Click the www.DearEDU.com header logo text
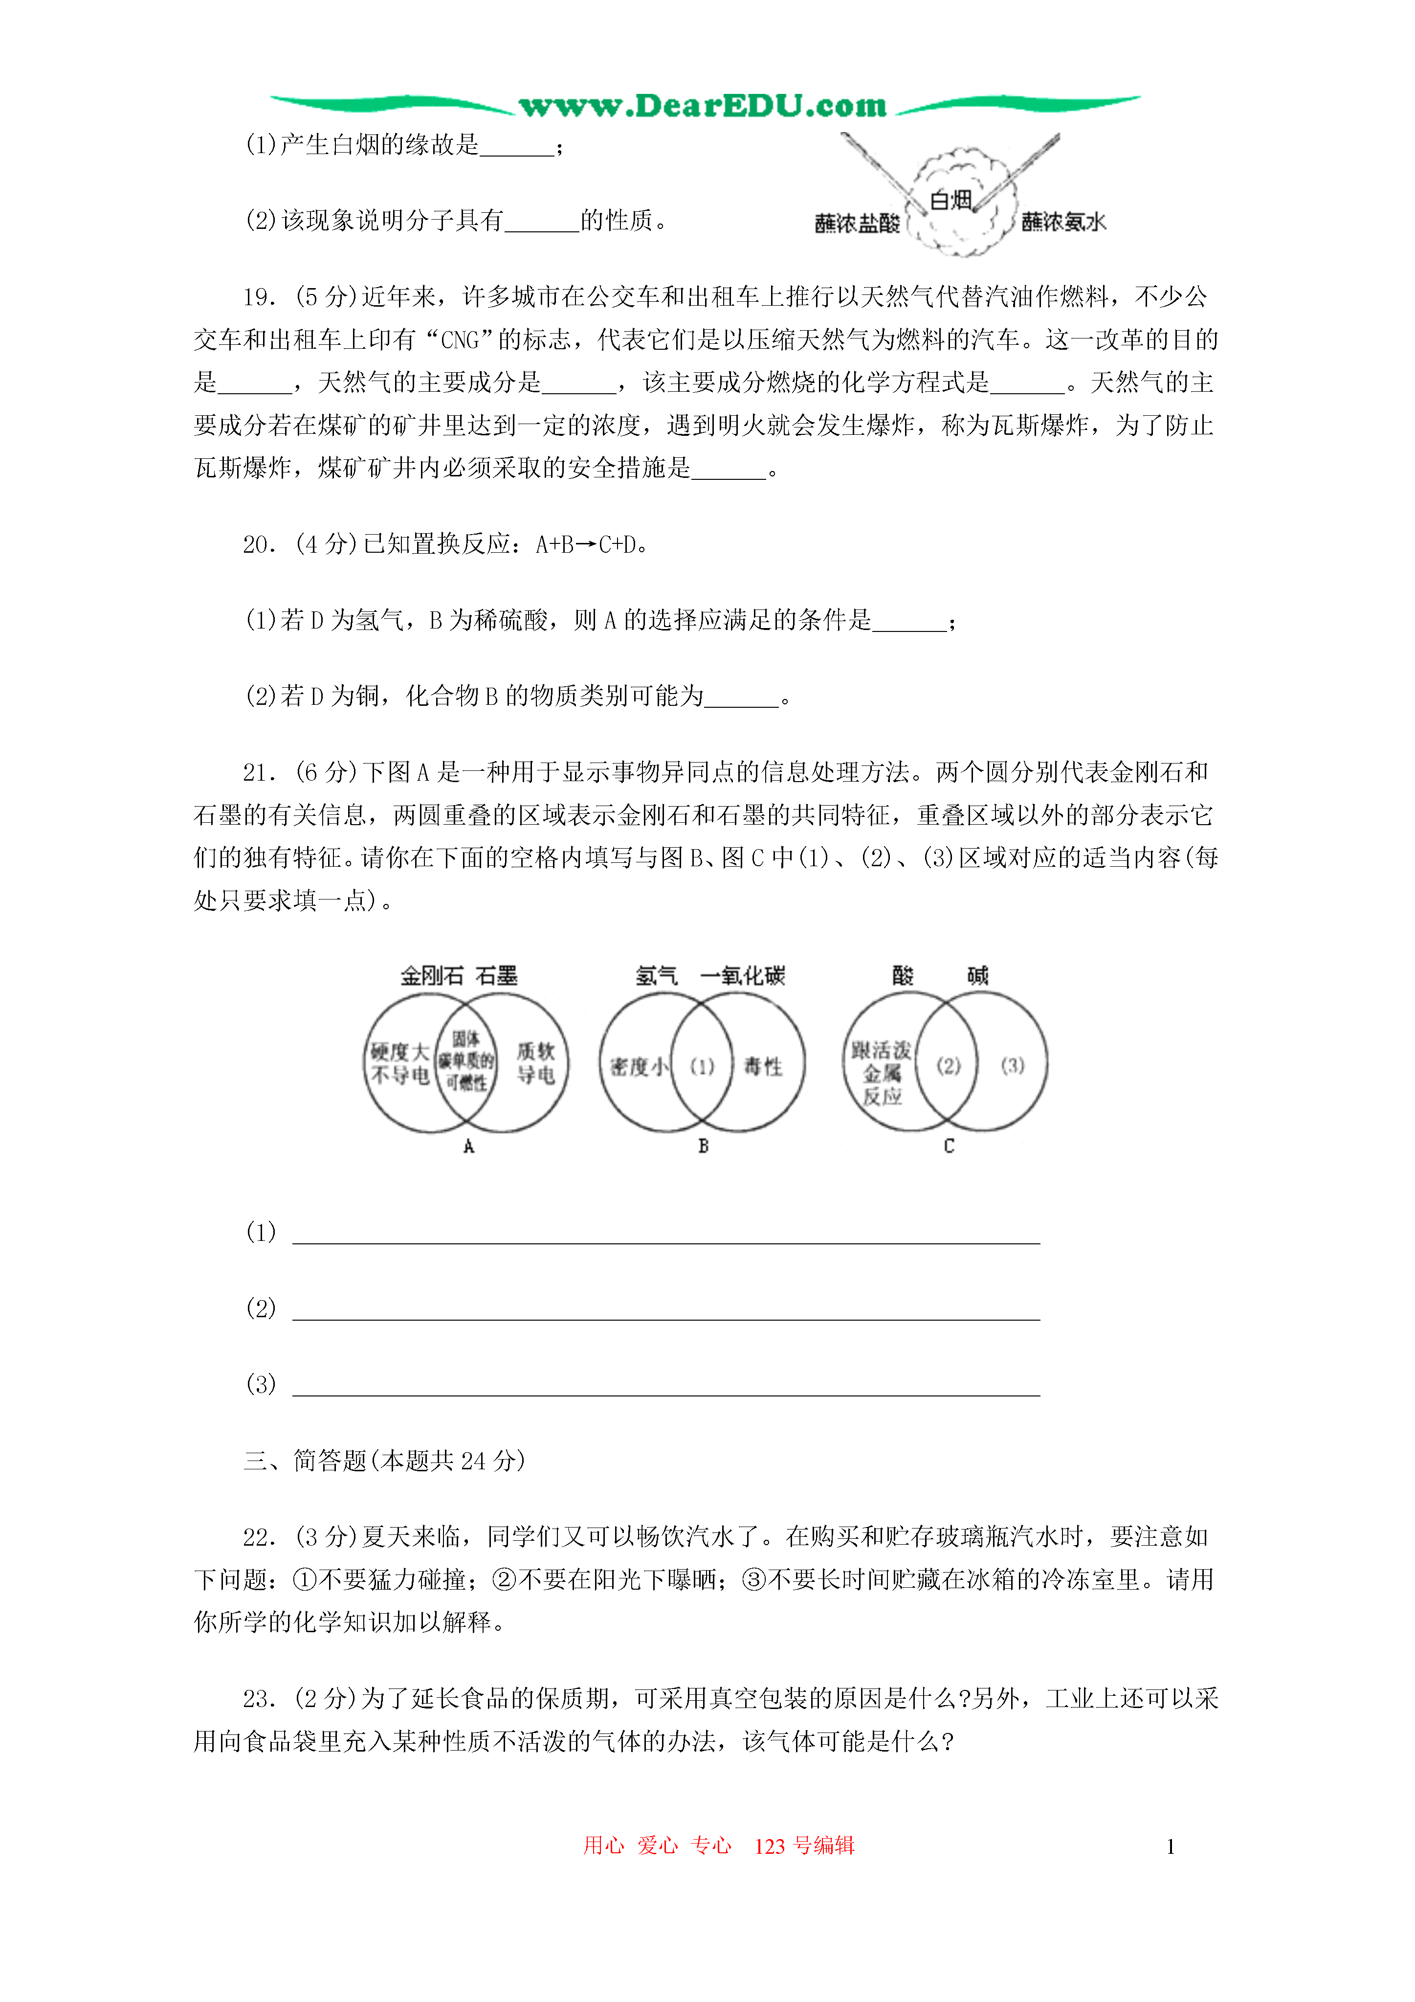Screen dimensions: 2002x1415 703,106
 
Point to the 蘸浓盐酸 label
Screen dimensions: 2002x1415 857,223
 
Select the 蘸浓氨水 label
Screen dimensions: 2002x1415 1063,223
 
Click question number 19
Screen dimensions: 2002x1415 259,297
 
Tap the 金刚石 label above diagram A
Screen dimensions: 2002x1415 432,976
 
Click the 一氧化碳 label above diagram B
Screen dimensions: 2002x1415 743,976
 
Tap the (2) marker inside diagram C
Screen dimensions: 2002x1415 949,1065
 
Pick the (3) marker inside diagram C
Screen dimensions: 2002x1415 1012,1065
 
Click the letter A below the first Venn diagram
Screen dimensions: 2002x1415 468,1147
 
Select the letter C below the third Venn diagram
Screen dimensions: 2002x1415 949,1147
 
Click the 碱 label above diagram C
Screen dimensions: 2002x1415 977,976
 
